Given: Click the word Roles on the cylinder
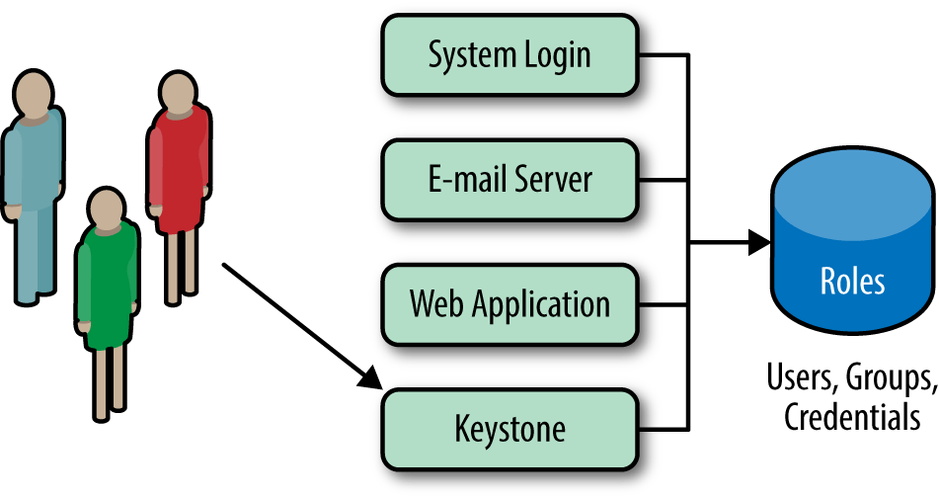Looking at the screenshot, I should [852, 282].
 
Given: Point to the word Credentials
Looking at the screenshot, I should [853, 417].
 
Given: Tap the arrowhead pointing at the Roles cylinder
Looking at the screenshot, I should [759, 242].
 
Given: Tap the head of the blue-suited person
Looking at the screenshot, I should [35, 91].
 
